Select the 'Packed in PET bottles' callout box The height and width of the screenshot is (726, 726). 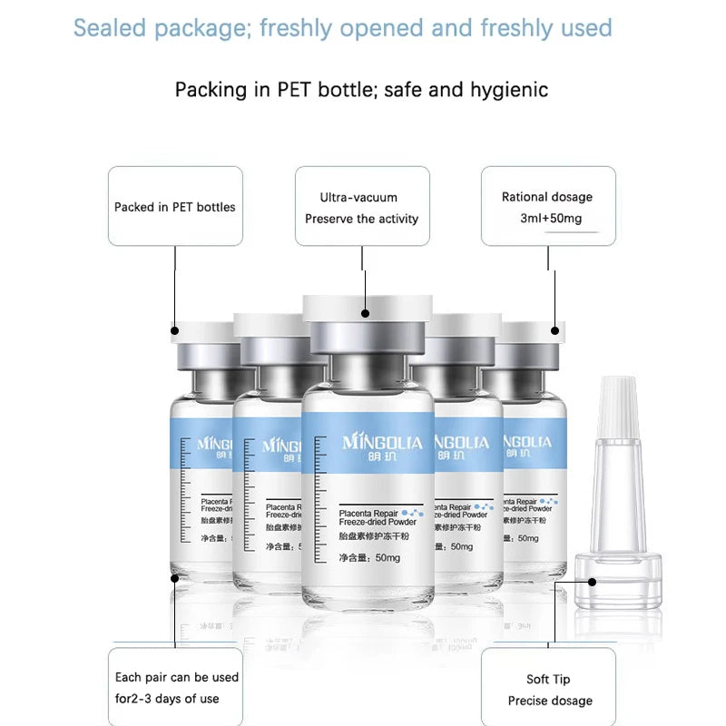[175, 206]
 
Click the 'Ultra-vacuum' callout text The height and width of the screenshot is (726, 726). [358, 197]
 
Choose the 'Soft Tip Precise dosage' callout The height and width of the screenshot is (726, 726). [548, 689]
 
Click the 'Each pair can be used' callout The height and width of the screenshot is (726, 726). [177, 677]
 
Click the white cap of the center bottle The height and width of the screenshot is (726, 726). [367, 309]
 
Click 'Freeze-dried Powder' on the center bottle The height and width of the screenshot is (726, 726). [378, 523]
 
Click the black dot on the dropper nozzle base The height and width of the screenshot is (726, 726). [592, 582]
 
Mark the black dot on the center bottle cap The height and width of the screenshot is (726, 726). [365, 314]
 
